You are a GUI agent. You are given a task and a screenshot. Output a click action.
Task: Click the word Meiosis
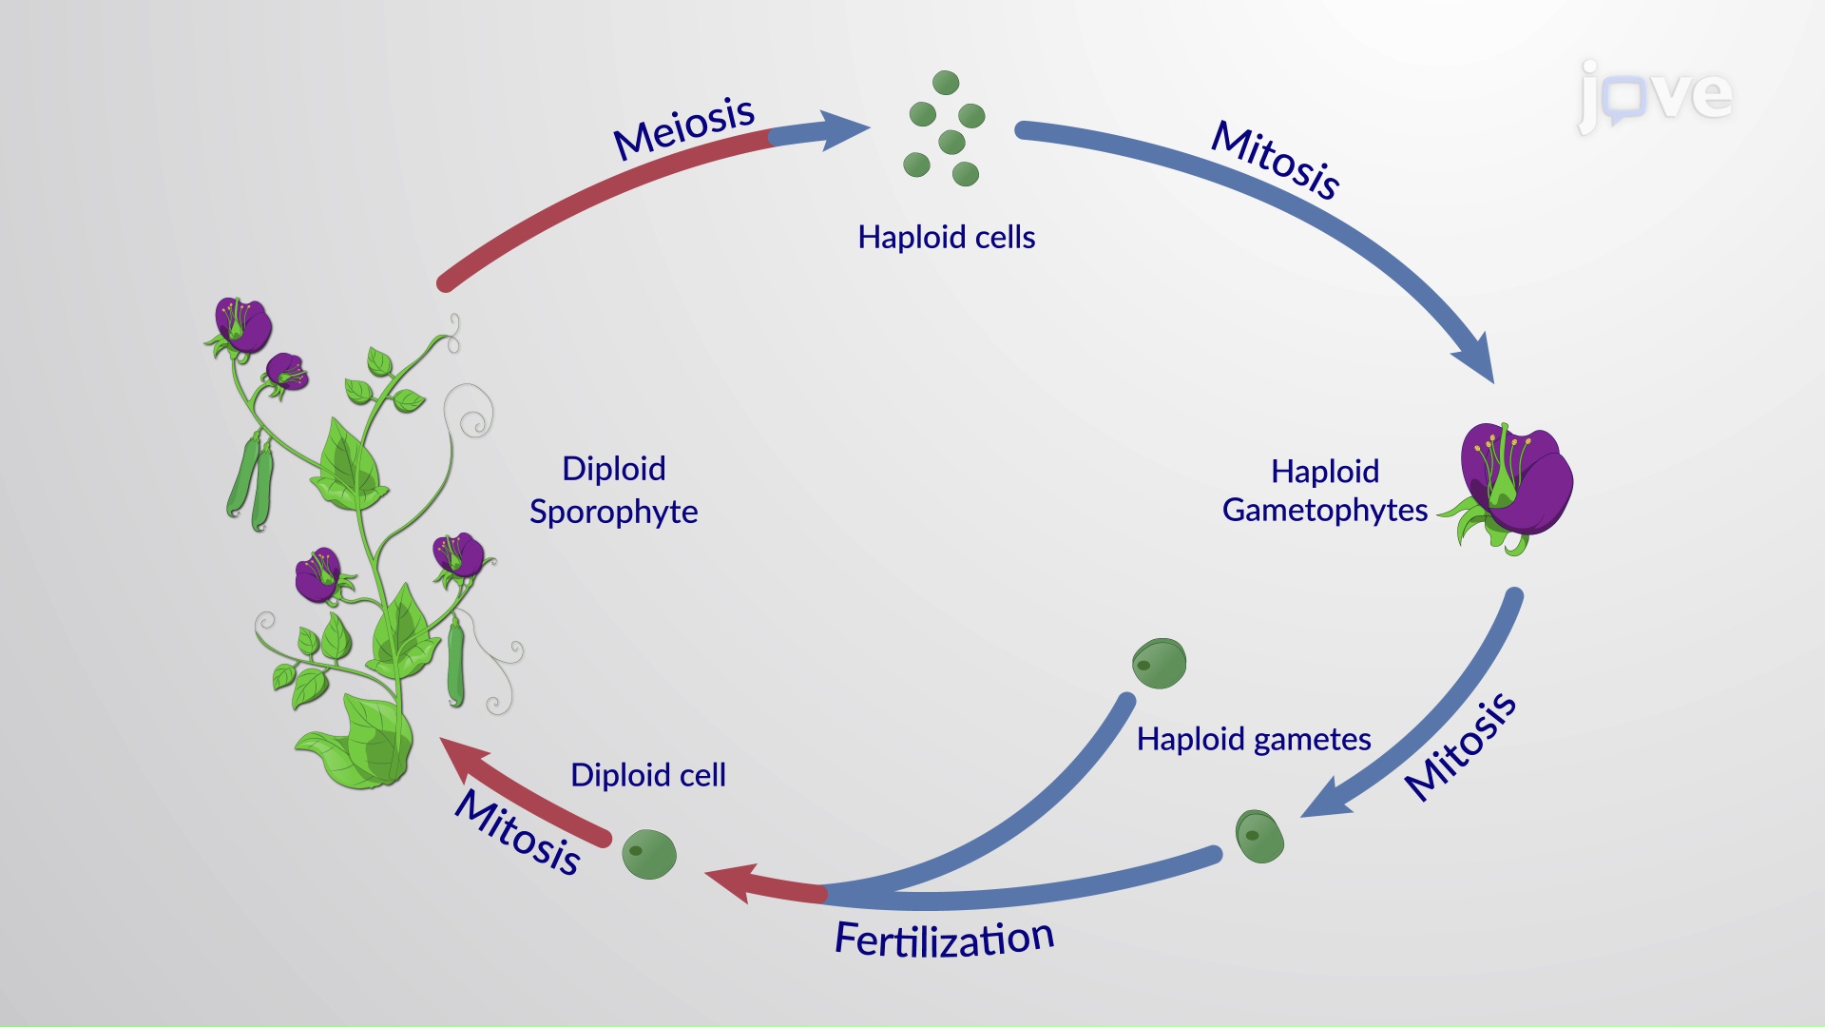click(683, 128)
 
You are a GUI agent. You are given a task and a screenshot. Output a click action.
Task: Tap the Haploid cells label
click(946, 237)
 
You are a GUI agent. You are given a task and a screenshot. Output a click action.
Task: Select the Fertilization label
click(944, 940)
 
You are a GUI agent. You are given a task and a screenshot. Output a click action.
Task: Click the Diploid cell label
click(647, 775)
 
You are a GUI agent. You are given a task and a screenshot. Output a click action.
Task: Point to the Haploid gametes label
click(1253, 739)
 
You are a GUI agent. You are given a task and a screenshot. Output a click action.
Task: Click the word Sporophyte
click(613, 512)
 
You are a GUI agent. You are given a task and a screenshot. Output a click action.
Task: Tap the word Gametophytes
click(1324, 511)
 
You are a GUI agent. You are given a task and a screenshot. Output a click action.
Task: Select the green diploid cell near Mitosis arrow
click(649, 853)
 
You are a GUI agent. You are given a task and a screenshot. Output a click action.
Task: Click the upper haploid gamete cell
click(1159, 663)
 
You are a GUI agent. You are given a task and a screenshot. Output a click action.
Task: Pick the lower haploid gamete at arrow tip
click(1259, 836)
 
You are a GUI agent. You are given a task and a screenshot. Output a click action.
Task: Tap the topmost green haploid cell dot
click(946, 83)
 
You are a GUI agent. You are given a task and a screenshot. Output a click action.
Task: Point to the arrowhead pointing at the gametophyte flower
click(1475, 359)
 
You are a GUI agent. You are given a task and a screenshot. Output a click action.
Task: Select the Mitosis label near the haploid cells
click(1275, 160)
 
